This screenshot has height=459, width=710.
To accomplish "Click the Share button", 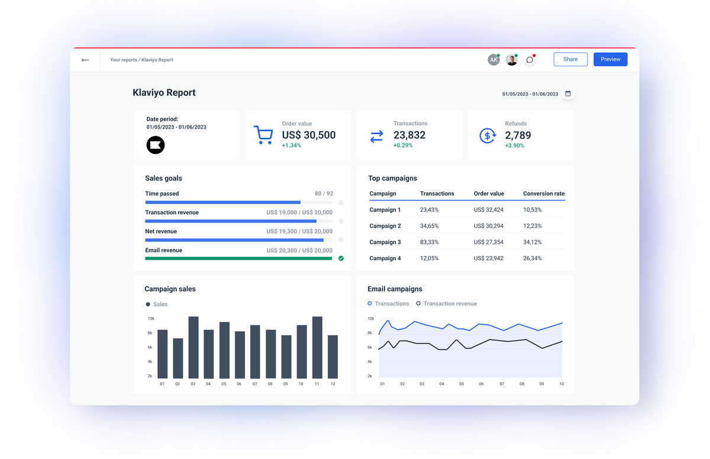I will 570,59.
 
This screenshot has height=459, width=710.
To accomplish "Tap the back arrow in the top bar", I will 85,60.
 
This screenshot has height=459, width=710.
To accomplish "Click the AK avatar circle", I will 493,60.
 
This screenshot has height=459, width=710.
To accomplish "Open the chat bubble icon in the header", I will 530,60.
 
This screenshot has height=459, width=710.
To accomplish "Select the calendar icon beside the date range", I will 568,93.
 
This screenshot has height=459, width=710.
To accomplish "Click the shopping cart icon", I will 263,135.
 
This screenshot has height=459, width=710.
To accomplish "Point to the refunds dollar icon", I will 488,135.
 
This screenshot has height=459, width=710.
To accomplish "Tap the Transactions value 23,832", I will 409,135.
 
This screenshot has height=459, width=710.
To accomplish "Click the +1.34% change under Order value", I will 291,146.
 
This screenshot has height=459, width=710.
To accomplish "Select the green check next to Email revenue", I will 341,258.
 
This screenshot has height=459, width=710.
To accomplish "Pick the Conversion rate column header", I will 544,193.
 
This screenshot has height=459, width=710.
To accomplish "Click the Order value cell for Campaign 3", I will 489,242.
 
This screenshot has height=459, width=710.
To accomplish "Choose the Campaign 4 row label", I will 385,258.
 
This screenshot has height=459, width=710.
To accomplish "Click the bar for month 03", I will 193,348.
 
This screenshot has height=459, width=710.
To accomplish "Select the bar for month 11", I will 317,348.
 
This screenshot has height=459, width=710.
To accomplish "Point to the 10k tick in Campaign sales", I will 151,318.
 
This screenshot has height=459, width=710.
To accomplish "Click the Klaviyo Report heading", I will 164,93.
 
